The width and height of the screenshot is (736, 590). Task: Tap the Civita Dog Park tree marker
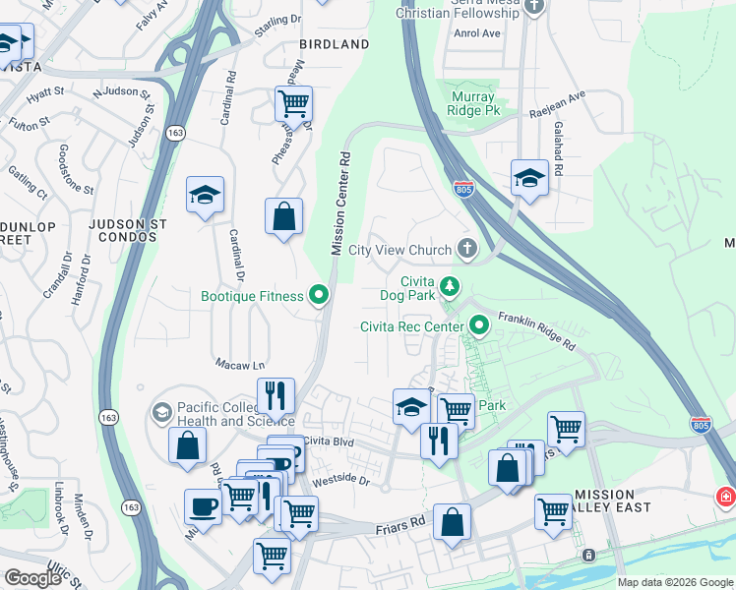click(450, 286)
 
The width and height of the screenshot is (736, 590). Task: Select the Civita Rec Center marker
click(479, 324)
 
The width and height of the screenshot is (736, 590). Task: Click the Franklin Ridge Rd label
click(535, 331)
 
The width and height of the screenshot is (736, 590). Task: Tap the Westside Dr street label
click(339, 482)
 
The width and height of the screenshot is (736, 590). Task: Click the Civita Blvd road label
click(329, 442)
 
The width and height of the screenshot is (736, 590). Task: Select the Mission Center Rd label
click(339, 204)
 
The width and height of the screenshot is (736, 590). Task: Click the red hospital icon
click(726, 498)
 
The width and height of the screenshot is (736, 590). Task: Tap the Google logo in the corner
click(32, 578)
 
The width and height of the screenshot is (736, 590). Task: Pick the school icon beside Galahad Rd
click(529, 179)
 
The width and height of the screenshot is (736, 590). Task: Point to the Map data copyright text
click(675, 582)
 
